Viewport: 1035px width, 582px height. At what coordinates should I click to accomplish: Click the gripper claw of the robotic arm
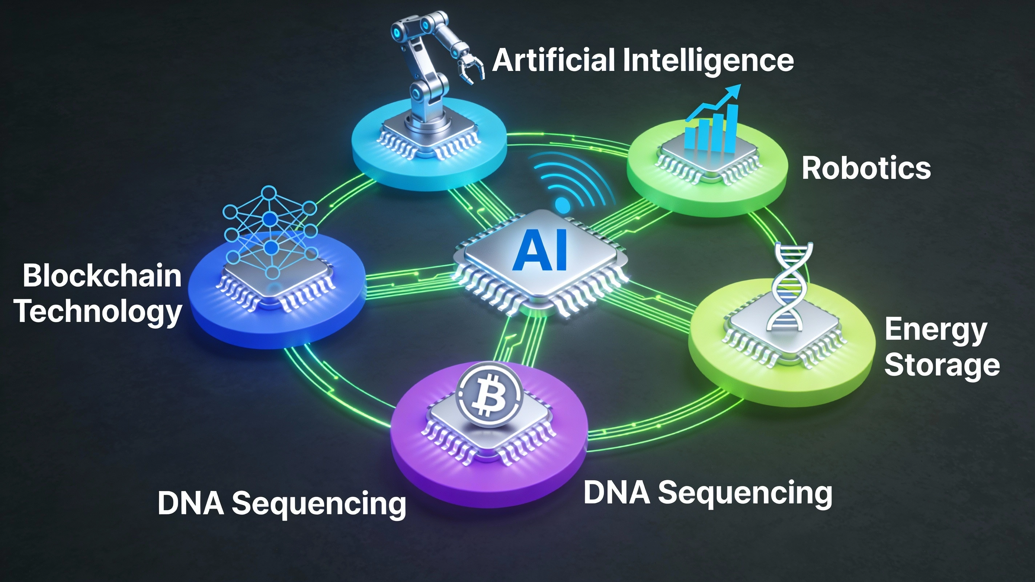tap(471, 71)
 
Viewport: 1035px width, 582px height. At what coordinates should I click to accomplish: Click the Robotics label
tap(866, 168)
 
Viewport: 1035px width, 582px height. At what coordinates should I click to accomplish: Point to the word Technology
tap(99, 312)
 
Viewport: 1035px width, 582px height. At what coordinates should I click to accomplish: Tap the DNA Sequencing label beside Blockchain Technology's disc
tap(282, 504)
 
